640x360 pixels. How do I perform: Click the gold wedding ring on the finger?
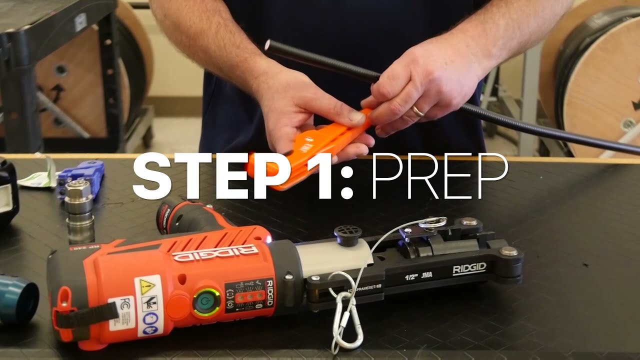click(418, 111)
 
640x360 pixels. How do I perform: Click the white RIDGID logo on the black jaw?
click(469, 269)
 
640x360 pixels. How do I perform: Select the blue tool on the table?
click(81, 175)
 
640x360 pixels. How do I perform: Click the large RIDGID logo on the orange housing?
click(215, 252)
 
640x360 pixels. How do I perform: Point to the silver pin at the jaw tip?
click(509, 251)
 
